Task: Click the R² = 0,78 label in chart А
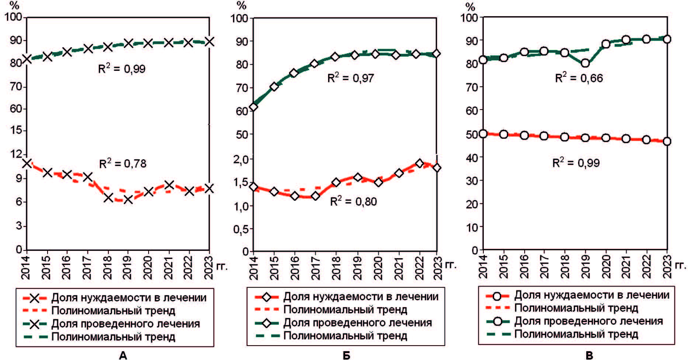pos(123,163)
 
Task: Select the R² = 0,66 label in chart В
pos(579,78)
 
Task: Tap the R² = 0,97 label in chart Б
pos(351,78)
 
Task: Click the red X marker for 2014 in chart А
pos(27,163)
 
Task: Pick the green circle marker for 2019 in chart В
pos(585,63)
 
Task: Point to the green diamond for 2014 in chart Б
pos(253,107)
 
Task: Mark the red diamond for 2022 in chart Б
pos(419,163)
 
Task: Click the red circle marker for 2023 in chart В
pos(667,141)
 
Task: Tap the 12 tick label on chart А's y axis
pos(14,154)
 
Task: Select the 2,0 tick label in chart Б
pos(242,159)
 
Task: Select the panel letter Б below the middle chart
pos(346,355)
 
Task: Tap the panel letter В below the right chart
pos(589,355)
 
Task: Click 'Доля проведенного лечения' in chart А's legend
pos(125,324)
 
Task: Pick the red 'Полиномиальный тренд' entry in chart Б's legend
pos(345,309)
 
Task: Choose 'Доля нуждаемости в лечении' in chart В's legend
pos(591,295)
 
